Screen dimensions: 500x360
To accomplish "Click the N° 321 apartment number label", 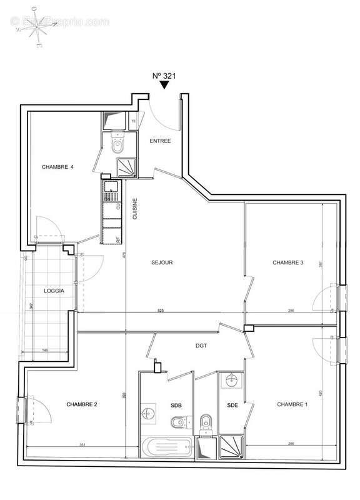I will click(163, 76).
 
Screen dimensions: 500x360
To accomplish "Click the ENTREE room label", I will click(160, 141).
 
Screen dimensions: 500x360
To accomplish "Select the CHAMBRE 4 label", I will click(57, 167).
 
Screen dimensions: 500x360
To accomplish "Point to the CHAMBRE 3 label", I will click(287, 262).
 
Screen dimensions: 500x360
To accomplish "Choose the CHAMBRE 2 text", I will click(81, 404).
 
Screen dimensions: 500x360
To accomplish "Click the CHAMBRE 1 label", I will click(292, 404).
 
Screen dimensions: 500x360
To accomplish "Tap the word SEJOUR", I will click(161, 262).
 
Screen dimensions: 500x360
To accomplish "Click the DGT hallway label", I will click(201, 345).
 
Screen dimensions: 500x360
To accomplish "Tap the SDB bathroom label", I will click(176, 405).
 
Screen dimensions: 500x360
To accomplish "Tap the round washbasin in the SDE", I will click(231, 379).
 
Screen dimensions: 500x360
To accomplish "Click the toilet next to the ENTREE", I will click(116, 145).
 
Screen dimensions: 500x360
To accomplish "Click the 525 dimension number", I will click(160, 311).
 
